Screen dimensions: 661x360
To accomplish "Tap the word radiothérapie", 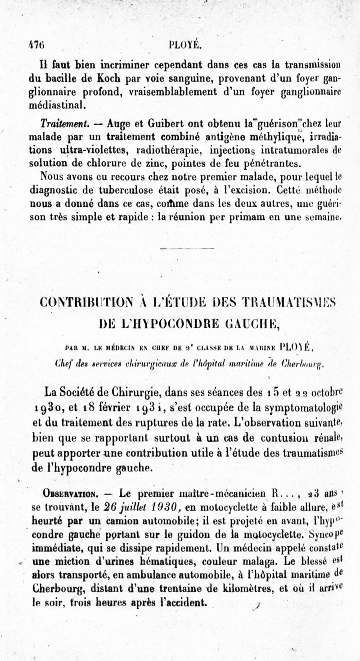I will tap(164, 149).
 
